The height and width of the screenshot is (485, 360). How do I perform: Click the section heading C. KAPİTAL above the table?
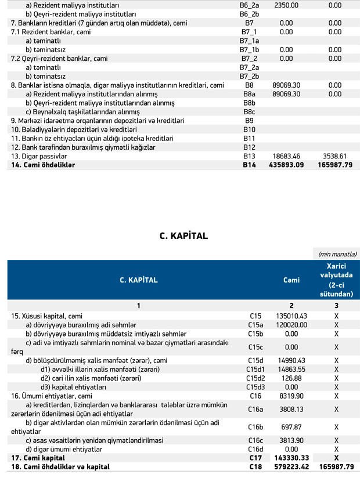(183, 236)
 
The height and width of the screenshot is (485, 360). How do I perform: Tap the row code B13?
(249, 157)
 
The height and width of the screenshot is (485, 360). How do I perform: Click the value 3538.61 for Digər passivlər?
(334, 157)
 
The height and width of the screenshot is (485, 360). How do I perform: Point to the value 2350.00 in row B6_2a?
(286, 5)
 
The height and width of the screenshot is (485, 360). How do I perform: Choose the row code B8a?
(249, 94)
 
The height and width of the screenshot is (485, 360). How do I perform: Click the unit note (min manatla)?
(337, 254)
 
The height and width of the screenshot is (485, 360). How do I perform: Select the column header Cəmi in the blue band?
(291, 280)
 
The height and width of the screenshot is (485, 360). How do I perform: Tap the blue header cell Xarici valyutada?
(336, 280)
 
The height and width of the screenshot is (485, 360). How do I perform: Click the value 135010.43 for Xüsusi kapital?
(291, 316)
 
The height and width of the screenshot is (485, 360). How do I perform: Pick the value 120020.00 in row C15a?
(291, 325)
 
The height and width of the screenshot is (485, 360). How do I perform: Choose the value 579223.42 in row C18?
(291, 466)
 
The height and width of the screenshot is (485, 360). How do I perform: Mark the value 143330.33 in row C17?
(291, 458)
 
